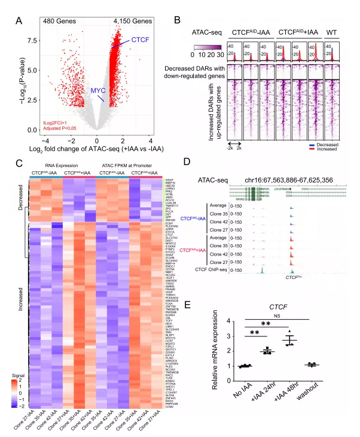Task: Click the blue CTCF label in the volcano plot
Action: click(140, 40)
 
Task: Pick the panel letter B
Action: click(177, 21)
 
